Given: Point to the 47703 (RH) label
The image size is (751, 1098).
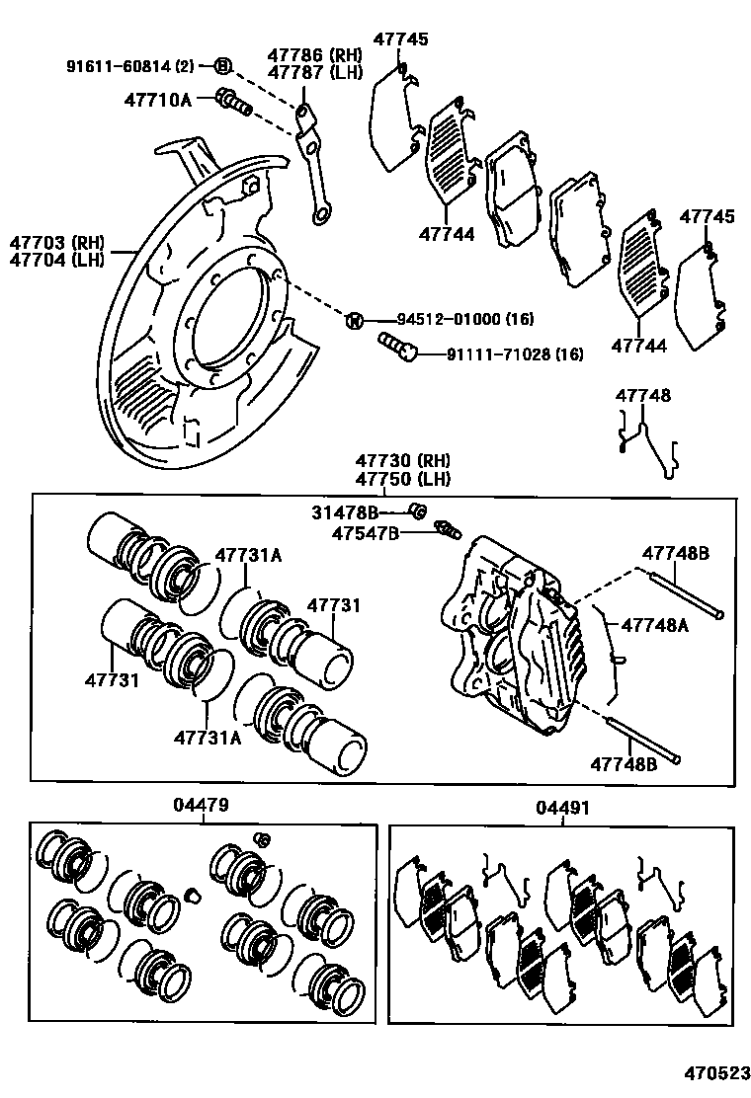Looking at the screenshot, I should click(56, 242).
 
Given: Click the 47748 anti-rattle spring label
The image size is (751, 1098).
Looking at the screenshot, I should click(642, 396).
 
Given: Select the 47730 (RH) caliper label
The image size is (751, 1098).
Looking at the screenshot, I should click(403, 461).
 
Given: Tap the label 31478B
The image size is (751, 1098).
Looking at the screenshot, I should click(346, 511).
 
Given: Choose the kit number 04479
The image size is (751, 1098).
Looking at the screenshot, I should click(202, 806).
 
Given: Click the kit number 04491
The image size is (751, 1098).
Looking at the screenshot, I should click(562, 808).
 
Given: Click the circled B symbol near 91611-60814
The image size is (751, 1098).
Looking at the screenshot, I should click(222, 66).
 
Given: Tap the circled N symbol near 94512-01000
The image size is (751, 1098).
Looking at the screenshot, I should click(355, 320).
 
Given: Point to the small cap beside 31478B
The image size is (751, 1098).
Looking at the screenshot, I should click(418, 510).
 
